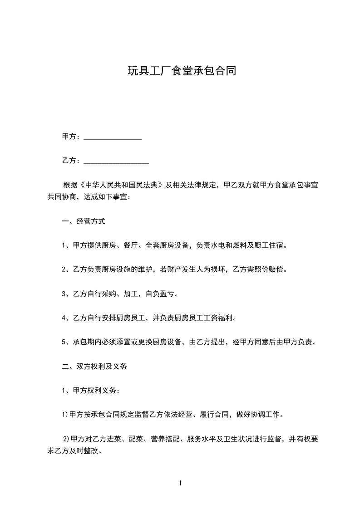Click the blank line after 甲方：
[x=113, y=137]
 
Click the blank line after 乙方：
[x=116, y=161]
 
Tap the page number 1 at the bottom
[x=180, y=483]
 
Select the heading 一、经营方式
[x=84, y=222]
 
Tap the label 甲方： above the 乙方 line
[x=72, y=137]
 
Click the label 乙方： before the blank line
[x=72, y=161]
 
